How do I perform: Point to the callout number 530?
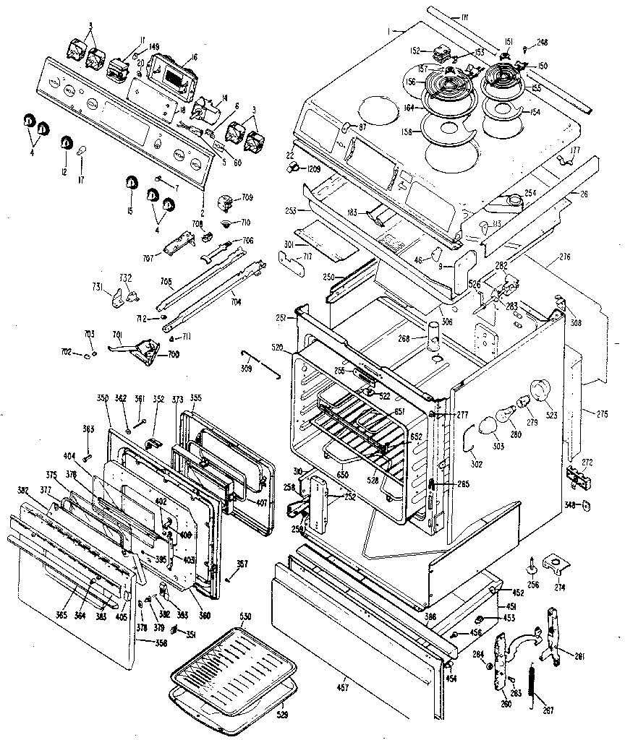[245, 616]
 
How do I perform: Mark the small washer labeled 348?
[586, 505]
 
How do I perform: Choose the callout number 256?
[533, 585]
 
